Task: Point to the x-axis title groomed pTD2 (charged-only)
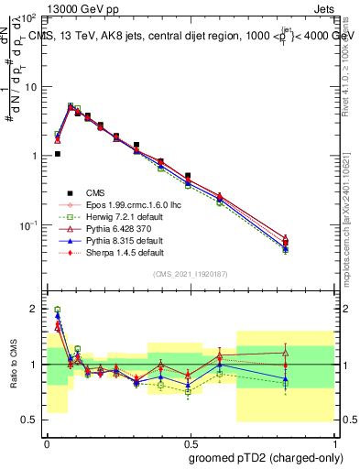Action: tap(266, 455)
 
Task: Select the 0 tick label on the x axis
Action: tap(47, 441)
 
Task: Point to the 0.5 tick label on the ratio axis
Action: tap(29, 420)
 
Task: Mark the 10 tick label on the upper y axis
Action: tap(27, 87)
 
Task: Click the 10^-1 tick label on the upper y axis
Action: tap(26, 225)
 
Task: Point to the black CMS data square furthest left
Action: tap(57, 154)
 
